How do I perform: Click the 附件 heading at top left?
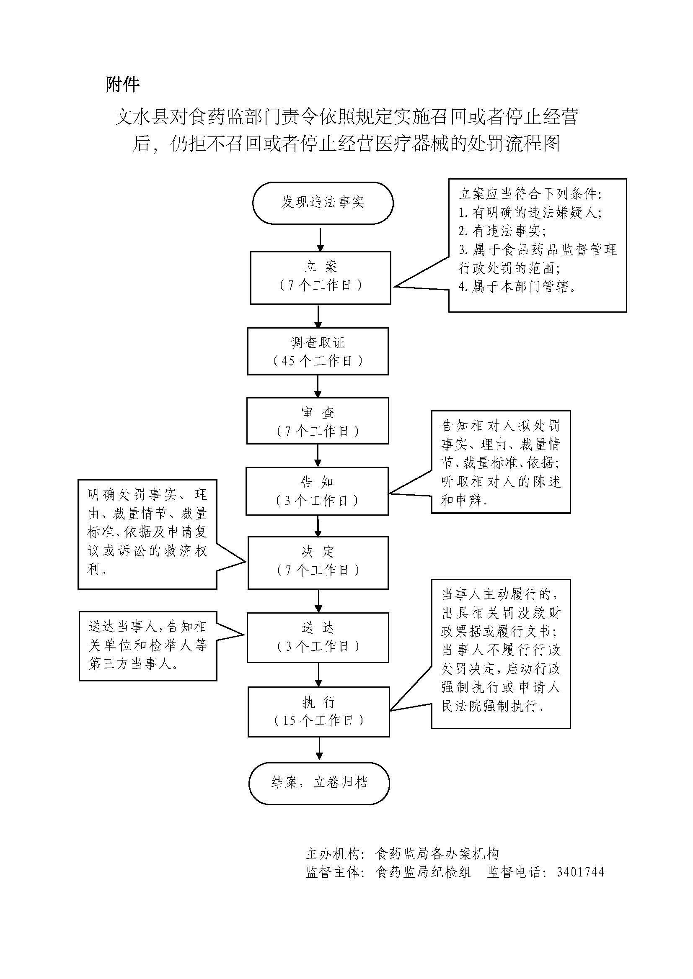click(122, 85)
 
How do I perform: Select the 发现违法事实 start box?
click(322, 203)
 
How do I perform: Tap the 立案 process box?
click(320, 277)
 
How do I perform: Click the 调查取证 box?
click(318, 351)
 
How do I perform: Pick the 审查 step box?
click(318, 421)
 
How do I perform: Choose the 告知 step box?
click(317, 491)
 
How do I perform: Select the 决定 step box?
click(318, 563)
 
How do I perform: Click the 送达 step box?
click(318, 637)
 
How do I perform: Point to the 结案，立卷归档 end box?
click(319, 783)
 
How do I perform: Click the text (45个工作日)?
click(318, 361)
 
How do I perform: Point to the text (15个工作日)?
click(319, 721)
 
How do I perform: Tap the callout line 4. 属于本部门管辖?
click(517, 287)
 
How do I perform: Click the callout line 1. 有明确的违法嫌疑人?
click(530, 212)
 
